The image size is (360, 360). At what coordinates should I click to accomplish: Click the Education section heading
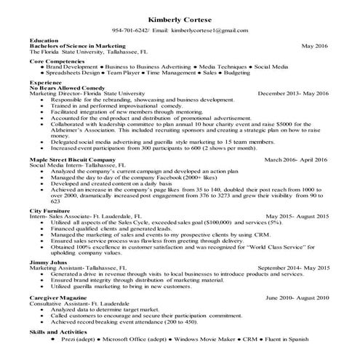click(45, 40)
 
